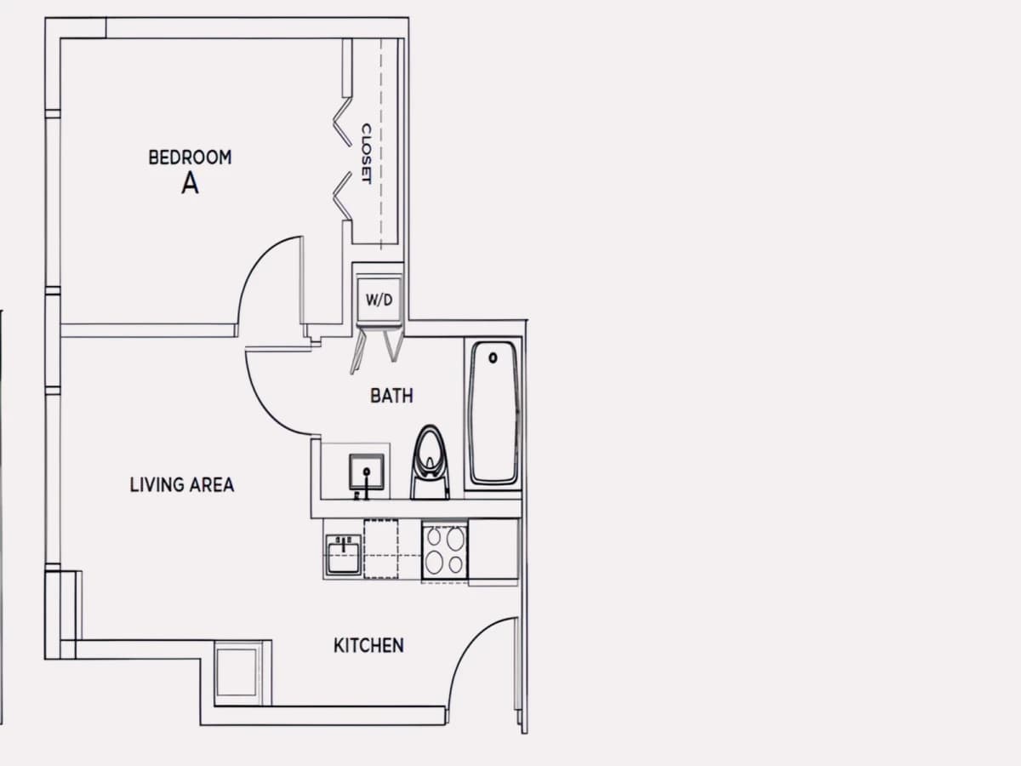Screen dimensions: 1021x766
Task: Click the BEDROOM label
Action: tap(190, 157)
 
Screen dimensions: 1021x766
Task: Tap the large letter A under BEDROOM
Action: tap(190, 183)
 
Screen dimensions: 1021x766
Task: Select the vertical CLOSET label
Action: tap(367, 153)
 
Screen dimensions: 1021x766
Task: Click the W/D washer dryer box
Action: tap(379, 300)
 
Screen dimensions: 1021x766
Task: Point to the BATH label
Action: tap(391, 396)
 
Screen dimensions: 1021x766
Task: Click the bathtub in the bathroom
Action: tap(493, 414)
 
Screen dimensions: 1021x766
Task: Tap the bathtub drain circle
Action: tap(493, 357)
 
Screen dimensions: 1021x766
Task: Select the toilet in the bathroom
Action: tap(431, 463)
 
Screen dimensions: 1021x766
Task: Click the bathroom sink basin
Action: tap(367, 472)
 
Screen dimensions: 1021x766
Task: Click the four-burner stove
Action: tap(445, 552)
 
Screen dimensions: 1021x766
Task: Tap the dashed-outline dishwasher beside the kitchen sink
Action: tap(381, 549)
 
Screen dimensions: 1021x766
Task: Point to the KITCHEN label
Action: tap(368, 645)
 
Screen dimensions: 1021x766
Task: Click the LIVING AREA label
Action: tap(182, 485)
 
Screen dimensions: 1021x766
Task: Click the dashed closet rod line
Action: tap(381, 144)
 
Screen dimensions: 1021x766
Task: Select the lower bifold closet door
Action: tap(343, 196)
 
